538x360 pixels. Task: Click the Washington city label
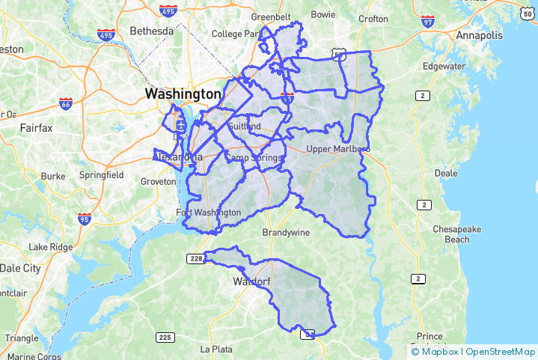tap(183, 94)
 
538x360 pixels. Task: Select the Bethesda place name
tap(151, 31)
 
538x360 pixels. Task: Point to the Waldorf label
tap(250, 282)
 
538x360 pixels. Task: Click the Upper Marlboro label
tap(337, 149)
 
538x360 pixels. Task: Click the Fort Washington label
tap(209, 213)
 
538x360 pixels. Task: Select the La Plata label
tap(216, 349)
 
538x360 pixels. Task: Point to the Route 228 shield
tap(195, 258)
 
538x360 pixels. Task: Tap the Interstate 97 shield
tap(427, 24)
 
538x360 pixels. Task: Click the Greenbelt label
tap(270, 16)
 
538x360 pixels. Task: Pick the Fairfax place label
tap(36, 128)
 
